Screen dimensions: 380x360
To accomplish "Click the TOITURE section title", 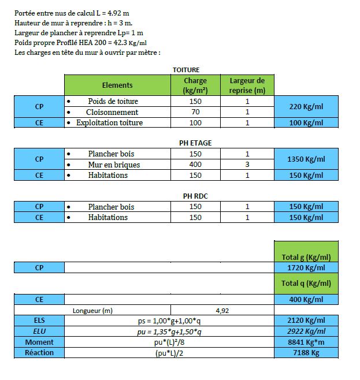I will click(x=186, y=70).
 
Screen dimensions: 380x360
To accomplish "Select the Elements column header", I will click(x=117, y=85).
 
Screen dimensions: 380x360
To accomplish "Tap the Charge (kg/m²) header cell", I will click(x=195, y=85).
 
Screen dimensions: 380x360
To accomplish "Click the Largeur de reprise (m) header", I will click(x=247, y=85).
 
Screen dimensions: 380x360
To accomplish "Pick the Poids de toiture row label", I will click(x=113, y=102).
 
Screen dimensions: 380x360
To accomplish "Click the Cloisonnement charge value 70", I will click(x=195, y=112).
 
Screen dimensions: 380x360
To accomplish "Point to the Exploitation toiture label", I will click(x=109, y=122).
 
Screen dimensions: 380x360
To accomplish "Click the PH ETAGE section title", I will click(x=187, y=143).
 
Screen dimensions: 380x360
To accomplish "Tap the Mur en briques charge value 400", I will click(x=195, y=165).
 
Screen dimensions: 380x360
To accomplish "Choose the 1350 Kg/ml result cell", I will click(x=306, y=159).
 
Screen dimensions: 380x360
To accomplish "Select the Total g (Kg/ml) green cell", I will click(x=306, y=257).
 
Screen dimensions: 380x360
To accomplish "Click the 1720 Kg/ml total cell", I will click(x=306, y=269).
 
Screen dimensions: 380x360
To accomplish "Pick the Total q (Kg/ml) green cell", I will click(x=306, y=284).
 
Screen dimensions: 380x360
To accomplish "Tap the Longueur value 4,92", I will click(x=222, y=311).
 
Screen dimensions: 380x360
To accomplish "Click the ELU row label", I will click(x=39, y=331).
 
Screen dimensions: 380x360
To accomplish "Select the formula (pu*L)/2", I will click(x=169, y=353).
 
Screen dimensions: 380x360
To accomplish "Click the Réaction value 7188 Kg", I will click(x=306, y=353).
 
